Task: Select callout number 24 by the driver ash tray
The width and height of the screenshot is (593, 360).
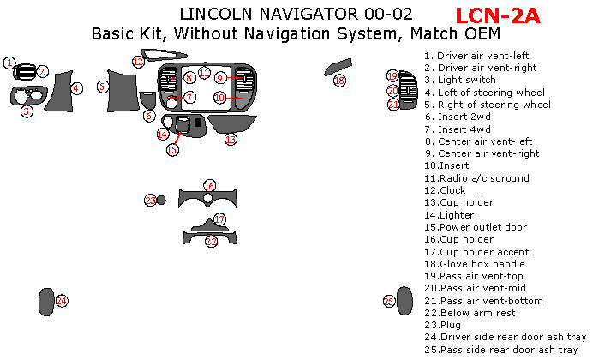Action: point(62,301)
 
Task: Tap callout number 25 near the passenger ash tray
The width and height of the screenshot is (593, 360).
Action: point(388,302)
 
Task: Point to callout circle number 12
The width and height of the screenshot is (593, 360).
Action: point(138,61)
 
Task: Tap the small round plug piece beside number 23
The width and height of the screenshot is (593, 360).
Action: point(161,200)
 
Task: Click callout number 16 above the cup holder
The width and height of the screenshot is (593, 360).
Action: point(209,186)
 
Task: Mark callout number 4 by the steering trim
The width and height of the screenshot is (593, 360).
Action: point(76,88)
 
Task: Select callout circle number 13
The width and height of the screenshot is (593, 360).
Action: point(230,139)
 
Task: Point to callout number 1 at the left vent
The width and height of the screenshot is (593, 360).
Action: point(9,63)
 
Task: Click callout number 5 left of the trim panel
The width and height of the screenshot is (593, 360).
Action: point(102,86)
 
